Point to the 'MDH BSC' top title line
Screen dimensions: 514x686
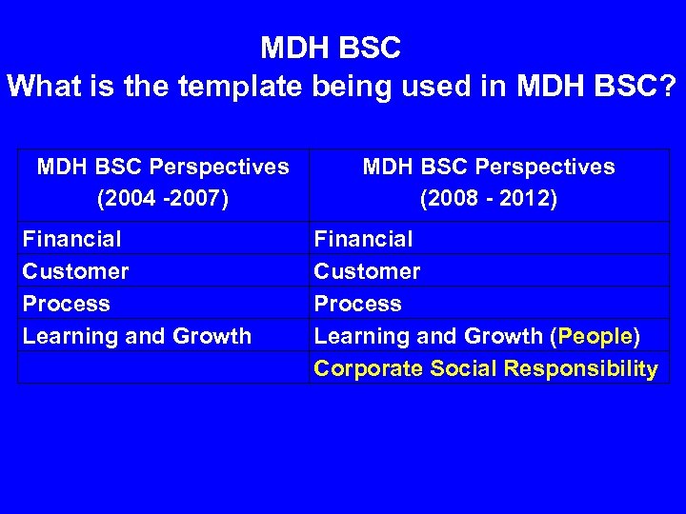331,47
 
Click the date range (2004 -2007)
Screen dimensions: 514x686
163,200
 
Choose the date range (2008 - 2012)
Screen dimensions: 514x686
489,200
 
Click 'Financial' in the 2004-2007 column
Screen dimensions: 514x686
71,239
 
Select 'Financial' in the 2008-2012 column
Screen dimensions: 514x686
363,239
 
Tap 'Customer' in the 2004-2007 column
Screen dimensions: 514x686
75,271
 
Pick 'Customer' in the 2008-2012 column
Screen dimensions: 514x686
367,271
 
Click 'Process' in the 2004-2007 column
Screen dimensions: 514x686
66,304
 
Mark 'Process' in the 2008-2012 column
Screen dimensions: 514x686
357,304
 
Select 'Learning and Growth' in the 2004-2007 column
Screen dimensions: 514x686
136,336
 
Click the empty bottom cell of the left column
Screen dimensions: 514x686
163,368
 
